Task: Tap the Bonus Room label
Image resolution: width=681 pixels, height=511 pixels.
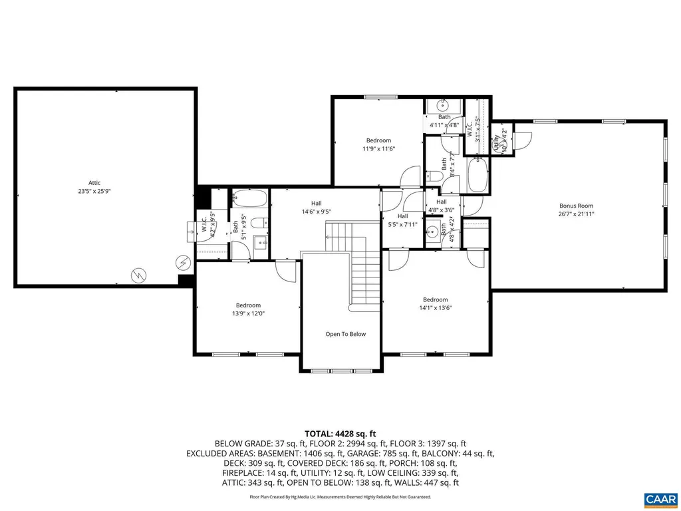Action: (x=576, y=206)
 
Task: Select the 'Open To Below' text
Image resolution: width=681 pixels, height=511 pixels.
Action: (x=345, y=334)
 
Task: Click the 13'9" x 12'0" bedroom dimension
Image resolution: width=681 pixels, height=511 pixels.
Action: (x=246, y=313)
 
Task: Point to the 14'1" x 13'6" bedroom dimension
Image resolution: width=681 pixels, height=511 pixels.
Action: (x=435, y=308)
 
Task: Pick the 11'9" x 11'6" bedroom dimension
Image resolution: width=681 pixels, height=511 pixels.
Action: (x=378, y=149)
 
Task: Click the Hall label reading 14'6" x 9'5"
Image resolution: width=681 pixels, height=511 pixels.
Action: (x=316, y=212)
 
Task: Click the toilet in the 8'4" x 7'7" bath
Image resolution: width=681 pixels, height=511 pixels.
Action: (x=432, y=176)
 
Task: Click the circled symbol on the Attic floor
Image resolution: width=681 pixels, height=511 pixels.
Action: (x=183, y=263)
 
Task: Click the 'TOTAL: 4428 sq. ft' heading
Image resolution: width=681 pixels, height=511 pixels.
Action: (x=340, y=434)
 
